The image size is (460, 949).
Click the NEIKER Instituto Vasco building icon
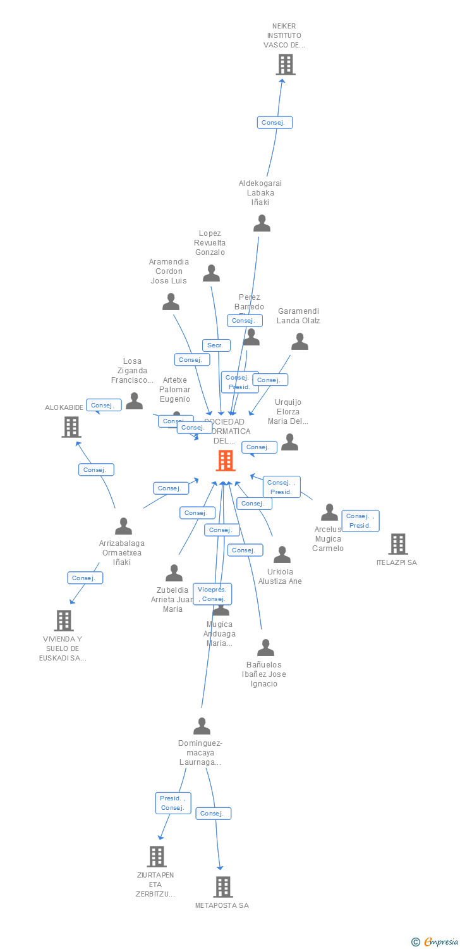pyautogui.click(x=286, y=65)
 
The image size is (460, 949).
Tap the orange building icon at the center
pyautogui.click(x=226, y=461)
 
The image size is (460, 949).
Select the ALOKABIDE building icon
pyautogui.click(x=71, y=427)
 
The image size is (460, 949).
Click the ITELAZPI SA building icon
pyautogui.click(x=397, y=544)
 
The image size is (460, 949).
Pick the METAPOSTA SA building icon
pyautogui.click(x=222, y=887)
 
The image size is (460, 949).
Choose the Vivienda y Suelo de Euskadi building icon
pyautogui.click(x=64, y=621)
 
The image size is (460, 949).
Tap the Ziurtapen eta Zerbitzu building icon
pyautogui.click(x=156, y=857)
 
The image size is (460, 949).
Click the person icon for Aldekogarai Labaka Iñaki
pyautogui.click(x=262, y=223)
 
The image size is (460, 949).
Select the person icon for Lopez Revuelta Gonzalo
pyautogui.click(x=211, y=273)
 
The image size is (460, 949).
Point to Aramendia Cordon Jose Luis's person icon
pyautogui.click(x=171, y=302)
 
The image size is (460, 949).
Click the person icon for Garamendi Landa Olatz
pyautogui.click(x=300, y=342)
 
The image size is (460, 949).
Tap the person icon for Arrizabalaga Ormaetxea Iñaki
pyautogui.click(x=123, y=526)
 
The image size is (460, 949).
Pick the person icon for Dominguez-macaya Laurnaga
pyautogui.click(x=202, y=726)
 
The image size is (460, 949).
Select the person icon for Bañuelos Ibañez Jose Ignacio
pyautogui.click(x=265, y=647)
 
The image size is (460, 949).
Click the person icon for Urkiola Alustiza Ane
pyautogui.click(x=282, y=555)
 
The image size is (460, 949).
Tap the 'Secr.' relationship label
pyautogui.click(x=216, y=345)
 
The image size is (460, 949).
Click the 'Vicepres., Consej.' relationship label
pyautogui.click(x=212, y=594)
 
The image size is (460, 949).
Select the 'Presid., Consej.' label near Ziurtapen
pyautogui.click(x=173, y=803)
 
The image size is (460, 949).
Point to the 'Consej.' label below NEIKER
pyautogui.click(x=275, y=123)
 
